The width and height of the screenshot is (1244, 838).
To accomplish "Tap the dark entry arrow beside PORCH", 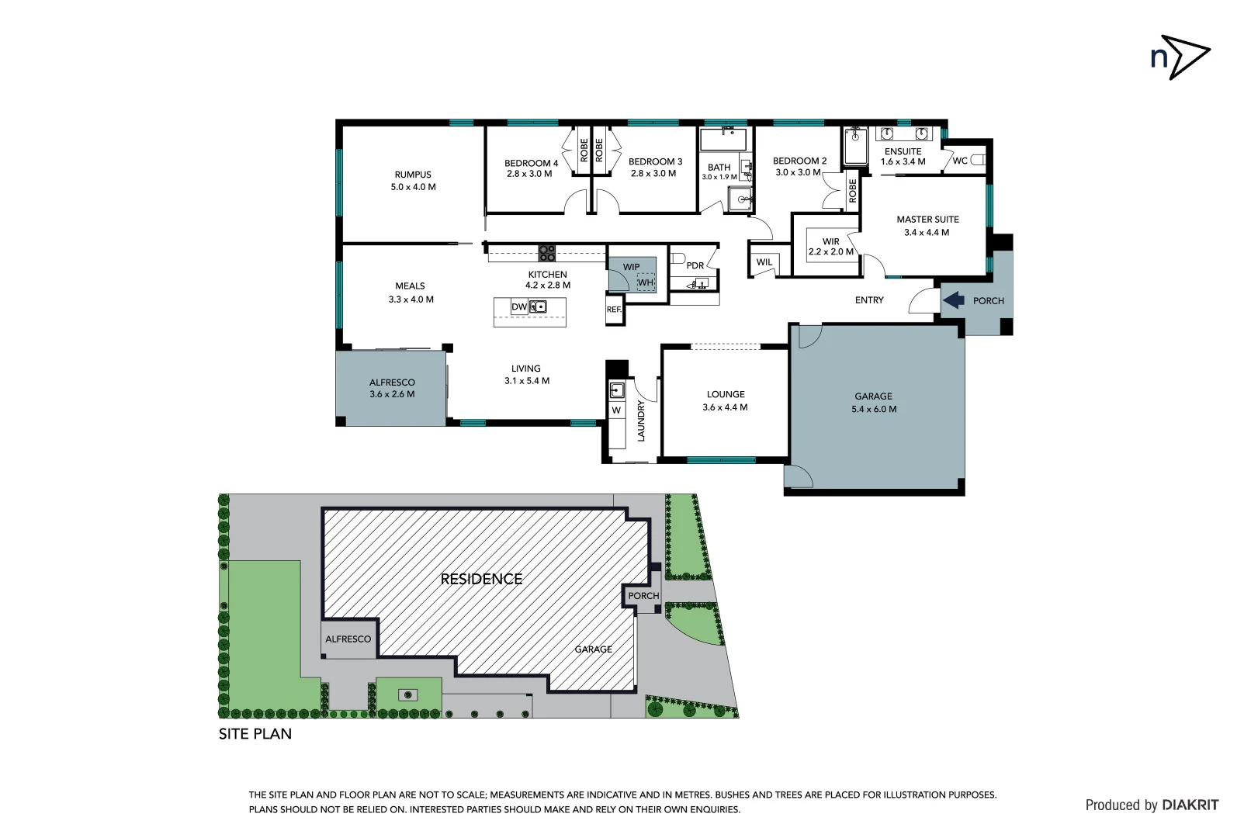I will coord(954,300).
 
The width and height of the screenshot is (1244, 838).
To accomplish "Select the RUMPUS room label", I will coord(413,175).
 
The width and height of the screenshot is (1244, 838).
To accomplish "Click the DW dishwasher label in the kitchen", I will coord(519,307).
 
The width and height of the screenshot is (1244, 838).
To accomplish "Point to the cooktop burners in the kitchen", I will coord(547,252).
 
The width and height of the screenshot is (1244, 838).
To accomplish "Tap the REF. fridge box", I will coord(614,310).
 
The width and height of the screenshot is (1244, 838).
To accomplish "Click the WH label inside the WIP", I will coord(646,282).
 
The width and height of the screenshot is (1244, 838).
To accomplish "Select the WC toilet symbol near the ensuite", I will coord(977,160).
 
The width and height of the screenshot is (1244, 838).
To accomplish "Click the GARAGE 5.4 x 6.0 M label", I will coord(874,402).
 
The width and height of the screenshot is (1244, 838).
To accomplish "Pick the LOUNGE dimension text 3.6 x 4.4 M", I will coord(725,407).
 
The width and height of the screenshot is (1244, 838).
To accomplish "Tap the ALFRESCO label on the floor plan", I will coord(392,383).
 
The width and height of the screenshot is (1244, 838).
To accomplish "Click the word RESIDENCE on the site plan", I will coord(481,579).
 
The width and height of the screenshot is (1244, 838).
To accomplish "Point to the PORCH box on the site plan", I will coord(643,596).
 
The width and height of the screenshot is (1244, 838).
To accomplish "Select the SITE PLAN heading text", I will coord(255,734).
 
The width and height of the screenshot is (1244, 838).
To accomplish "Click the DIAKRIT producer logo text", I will coord(1190,805).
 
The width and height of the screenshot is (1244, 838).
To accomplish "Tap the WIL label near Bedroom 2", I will coord(764,262).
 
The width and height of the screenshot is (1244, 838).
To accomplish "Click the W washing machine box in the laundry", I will coord(616,410).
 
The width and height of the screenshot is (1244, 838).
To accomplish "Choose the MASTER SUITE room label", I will coord(927,220).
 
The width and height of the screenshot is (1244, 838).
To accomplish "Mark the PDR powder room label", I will coord(695,265).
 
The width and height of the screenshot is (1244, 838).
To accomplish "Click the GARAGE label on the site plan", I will coord(593,649).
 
